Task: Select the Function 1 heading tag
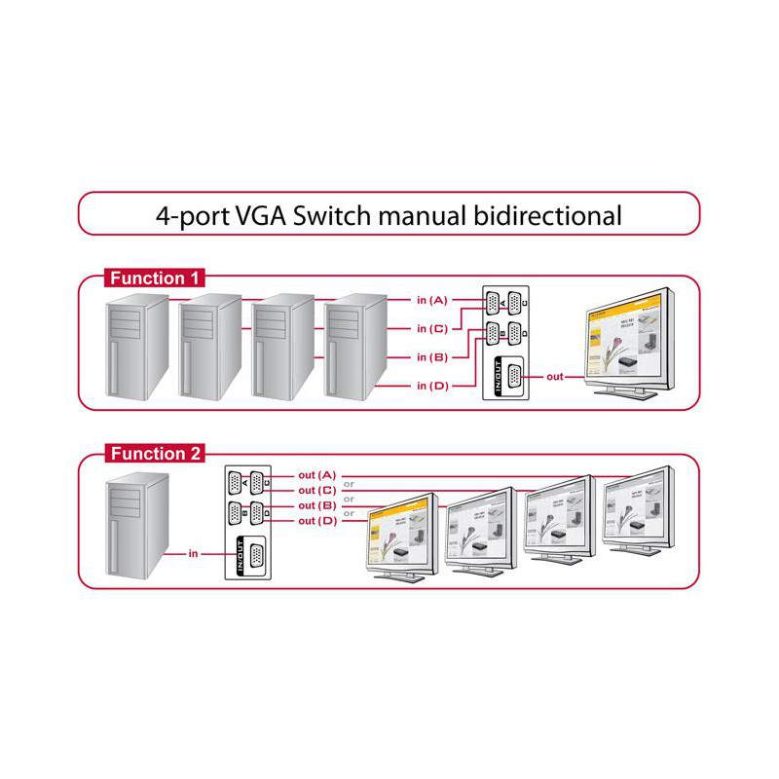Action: [155, 278]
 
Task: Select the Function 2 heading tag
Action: [155, 454]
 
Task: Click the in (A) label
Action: [432, 299]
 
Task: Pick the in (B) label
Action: [432, 357]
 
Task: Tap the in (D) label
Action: [432, 387]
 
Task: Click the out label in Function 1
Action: [555, 376]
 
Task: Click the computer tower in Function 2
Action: [137, 526]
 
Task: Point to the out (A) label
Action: [317, 474]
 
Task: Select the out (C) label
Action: [317, 490]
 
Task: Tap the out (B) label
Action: [317, 505]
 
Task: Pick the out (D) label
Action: [317, 522]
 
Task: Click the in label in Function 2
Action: [193, 554]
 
